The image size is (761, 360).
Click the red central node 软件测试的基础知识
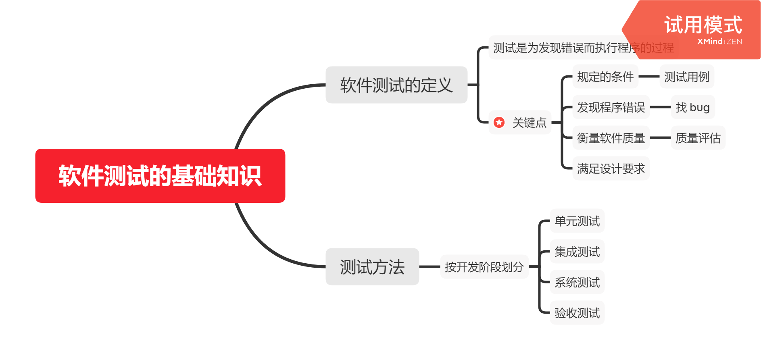(x=160, y=176)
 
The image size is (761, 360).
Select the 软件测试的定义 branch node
(x=396, y=85)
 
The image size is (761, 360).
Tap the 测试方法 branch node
(x=372, y=267)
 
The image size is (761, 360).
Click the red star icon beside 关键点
(x=499, y=122)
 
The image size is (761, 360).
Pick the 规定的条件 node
(x=605, y=77)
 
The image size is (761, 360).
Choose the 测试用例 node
(x=686, y=77)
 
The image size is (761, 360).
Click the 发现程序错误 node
(x=611, y=107)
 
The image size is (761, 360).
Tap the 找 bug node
(x=692, y=107)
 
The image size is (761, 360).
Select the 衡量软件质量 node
(x=611, y=138)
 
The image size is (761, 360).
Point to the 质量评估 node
(x=698, y=138)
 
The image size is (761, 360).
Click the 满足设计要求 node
(x=611, y=169)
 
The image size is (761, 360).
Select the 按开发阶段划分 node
(x=484, y=267)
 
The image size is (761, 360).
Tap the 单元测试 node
(x=577, y=221)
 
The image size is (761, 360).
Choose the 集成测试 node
(x=577, y=252)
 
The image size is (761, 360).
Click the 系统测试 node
(x=577, y=282)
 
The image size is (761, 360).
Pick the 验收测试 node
(x=577, y=313)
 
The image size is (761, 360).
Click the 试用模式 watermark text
(x=703, y=25)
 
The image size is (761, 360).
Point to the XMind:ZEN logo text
(x=719, y=42)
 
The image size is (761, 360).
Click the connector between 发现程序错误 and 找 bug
(x=660, y=107)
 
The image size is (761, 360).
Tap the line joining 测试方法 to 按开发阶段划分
(x=429, y=267)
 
